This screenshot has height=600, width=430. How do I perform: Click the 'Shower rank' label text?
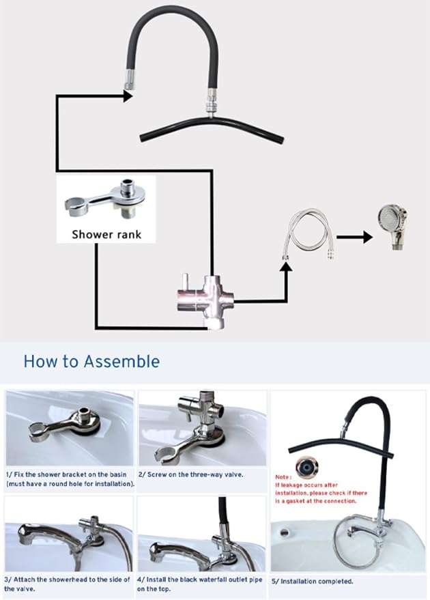(x=106, y=234)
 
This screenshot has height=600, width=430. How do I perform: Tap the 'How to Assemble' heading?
(x=92, y=362)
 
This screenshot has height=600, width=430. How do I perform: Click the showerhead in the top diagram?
(x=392, y=227)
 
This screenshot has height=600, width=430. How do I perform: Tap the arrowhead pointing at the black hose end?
(x=128, y=96)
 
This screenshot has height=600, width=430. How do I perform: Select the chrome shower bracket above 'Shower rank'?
(x=105, y=200)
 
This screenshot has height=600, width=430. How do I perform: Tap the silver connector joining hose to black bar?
(x=211, y=103)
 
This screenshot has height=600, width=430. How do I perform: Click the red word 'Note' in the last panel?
(x=283, y=477)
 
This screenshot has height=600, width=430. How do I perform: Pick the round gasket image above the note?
(x=307, y=467)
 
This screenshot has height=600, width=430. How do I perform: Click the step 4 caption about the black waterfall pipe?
(x=200, y=584)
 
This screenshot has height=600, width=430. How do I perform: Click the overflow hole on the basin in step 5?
(x=284, y=532)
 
